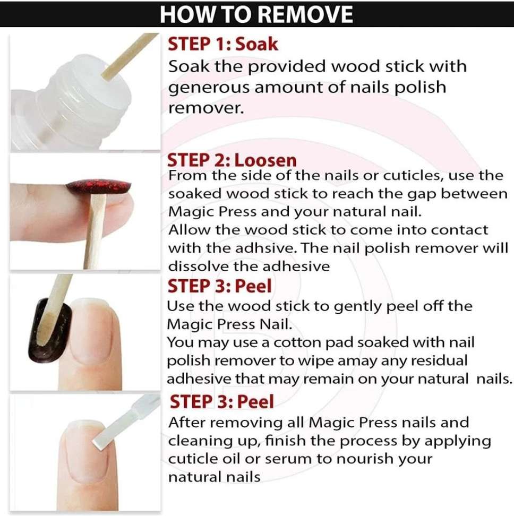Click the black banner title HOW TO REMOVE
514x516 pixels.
tap(256, 14)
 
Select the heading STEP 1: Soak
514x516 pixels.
tap(223, 44)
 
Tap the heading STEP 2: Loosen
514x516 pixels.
tap(232, 160)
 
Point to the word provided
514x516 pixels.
tap(287, 66)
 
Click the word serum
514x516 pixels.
tap(288, 459)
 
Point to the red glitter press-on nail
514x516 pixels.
tap(99, 186)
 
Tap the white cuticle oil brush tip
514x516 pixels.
tap(109, 431)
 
